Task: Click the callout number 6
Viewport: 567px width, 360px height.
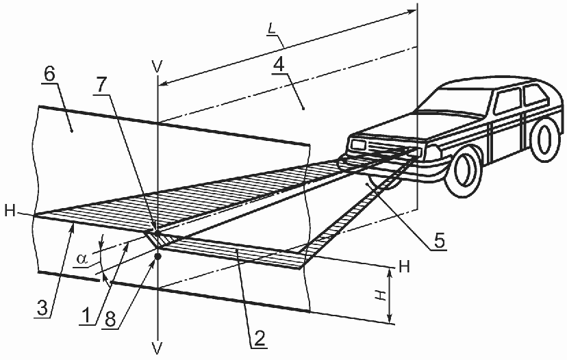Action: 49,74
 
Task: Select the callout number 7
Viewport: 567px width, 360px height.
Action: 101,86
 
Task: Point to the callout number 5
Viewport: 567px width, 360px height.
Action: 439,241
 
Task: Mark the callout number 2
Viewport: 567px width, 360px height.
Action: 260,339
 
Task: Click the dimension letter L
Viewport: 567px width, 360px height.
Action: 272,28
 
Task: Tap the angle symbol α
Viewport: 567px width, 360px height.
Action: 82,259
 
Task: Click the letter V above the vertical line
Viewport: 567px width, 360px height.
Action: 157,67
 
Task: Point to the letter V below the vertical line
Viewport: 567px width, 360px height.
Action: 157,348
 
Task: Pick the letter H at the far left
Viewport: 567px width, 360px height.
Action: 10,211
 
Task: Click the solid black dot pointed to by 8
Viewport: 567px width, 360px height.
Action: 157,256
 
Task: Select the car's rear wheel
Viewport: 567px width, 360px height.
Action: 545,139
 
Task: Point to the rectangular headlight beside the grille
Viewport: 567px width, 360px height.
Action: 358,145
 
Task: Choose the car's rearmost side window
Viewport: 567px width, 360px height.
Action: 536,94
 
